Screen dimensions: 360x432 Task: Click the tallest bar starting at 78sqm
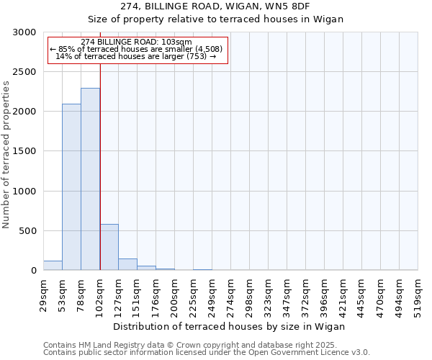[90, 179]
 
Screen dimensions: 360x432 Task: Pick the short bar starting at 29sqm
[53, 266]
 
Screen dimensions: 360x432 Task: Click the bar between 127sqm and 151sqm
[127, 264]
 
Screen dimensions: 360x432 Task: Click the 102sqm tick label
[100, 295]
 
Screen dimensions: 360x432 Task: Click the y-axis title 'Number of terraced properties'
[6, 155]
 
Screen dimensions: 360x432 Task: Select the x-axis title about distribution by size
[230, 326]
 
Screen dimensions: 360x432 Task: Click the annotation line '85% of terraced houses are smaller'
[137, 49]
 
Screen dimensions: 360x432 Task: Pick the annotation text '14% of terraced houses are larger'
[135, 56]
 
